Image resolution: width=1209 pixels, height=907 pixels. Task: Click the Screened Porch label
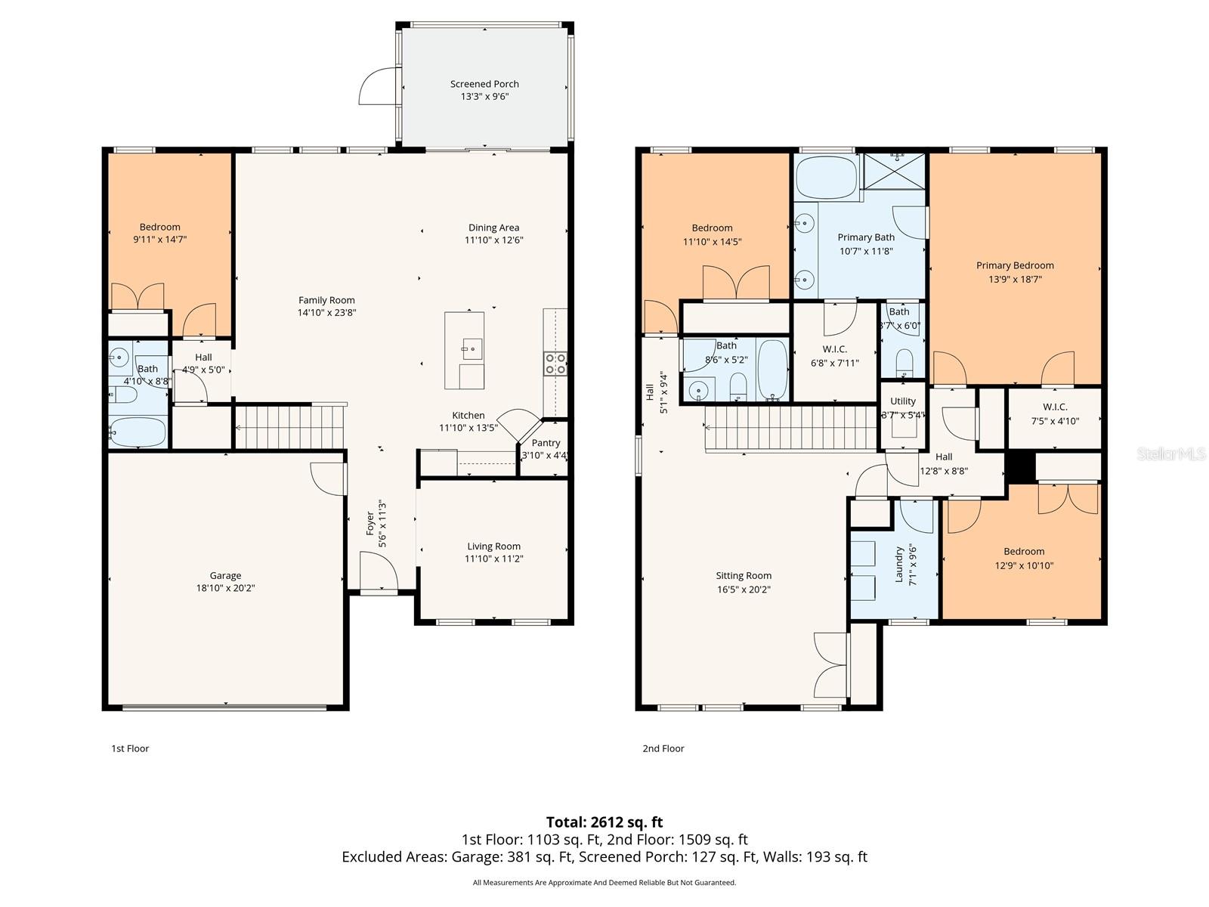tap(484, 84)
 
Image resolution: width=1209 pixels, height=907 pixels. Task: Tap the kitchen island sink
tap(472, 348)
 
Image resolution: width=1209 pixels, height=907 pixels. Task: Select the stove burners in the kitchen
tap(555, 364)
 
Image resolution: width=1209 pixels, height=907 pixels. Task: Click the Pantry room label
tap(546, 443)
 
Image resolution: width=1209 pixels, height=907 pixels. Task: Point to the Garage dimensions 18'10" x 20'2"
tap(225, 588)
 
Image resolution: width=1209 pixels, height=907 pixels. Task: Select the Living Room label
tap(493, 546)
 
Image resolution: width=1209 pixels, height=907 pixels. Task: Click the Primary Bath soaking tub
tap(827, 178)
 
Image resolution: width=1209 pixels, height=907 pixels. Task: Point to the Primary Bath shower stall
tap(894, 172)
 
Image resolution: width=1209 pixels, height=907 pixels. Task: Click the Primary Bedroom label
tap(1014, 265)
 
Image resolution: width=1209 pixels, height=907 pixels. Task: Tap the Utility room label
tap(903, 401)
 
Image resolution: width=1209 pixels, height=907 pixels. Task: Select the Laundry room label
tap(899, 564)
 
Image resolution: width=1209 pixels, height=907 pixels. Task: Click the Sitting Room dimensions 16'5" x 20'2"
tap(744, 590)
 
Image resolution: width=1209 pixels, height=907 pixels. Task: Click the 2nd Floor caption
tap(663, 748)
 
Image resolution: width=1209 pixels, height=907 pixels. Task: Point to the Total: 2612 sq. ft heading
tap(604, 822)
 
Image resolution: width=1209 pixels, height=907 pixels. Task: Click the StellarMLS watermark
tap(1170, 454)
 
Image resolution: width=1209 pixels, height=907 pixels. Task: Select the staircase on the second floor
tap(790, 429)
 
